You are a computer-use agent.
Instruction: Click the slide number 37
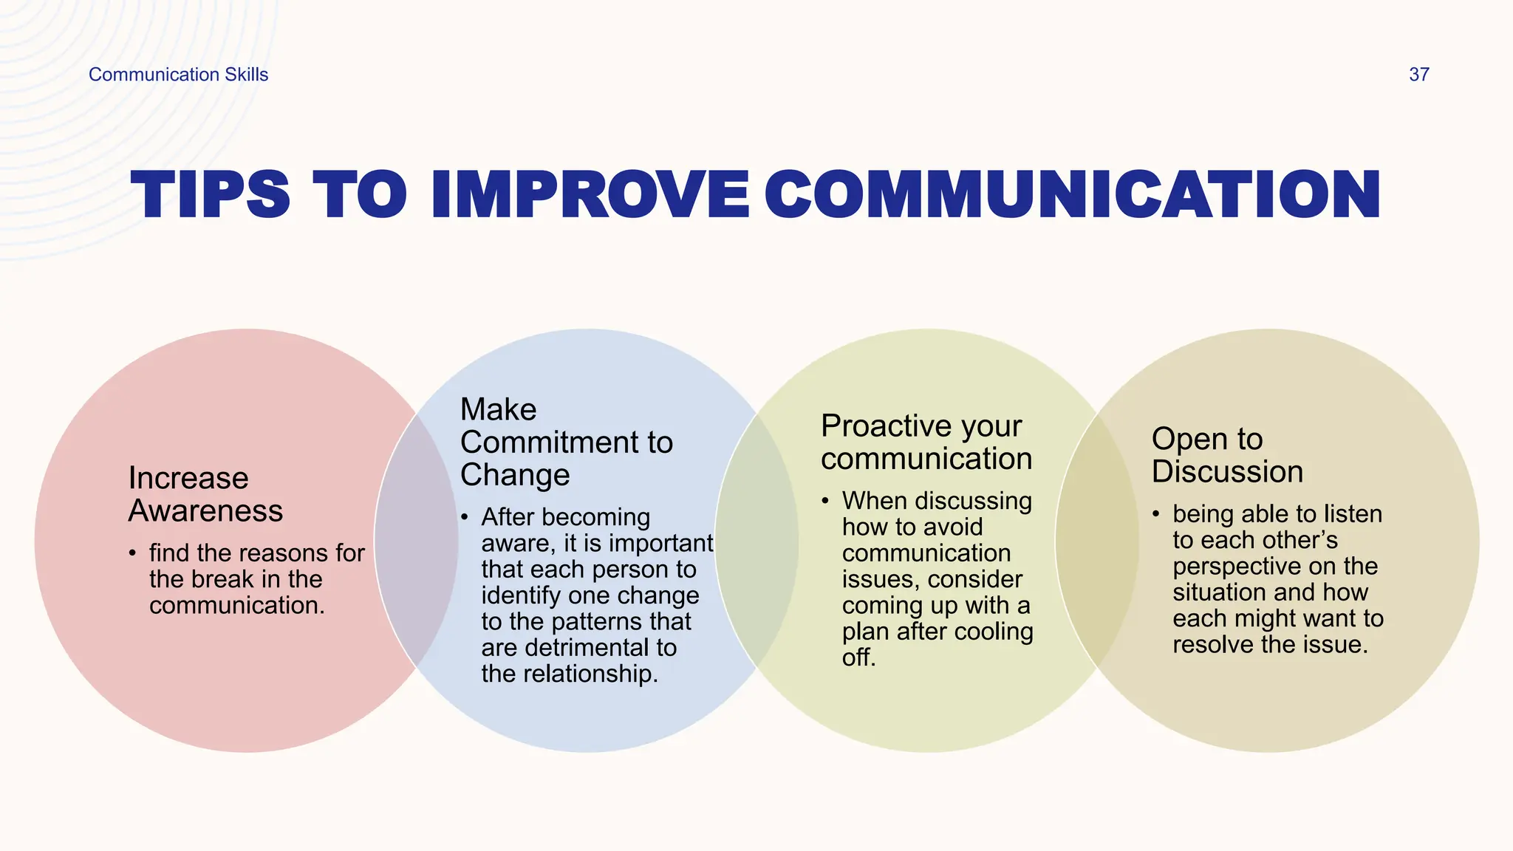coord(1418,75)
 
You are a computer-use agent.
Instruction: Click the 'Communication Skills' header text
coord(178,75)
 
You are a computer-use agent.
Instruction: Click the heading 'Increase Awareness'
coord(205,494)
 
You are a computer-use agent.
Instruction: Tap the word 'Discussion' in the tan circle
coord(1227,472)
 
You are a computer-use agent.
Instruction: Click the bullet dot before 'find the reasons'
coord(132,553)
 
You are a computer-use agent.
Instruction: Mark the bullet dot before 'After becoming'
coord(464,517)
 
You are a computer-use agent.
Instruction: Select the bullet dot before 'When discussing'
coord(824,501)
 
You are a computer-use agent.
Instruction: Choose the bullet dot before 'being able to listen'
coord(1155,514)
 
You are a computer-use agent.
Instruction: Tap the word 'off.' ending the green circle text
coord(858,657)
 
